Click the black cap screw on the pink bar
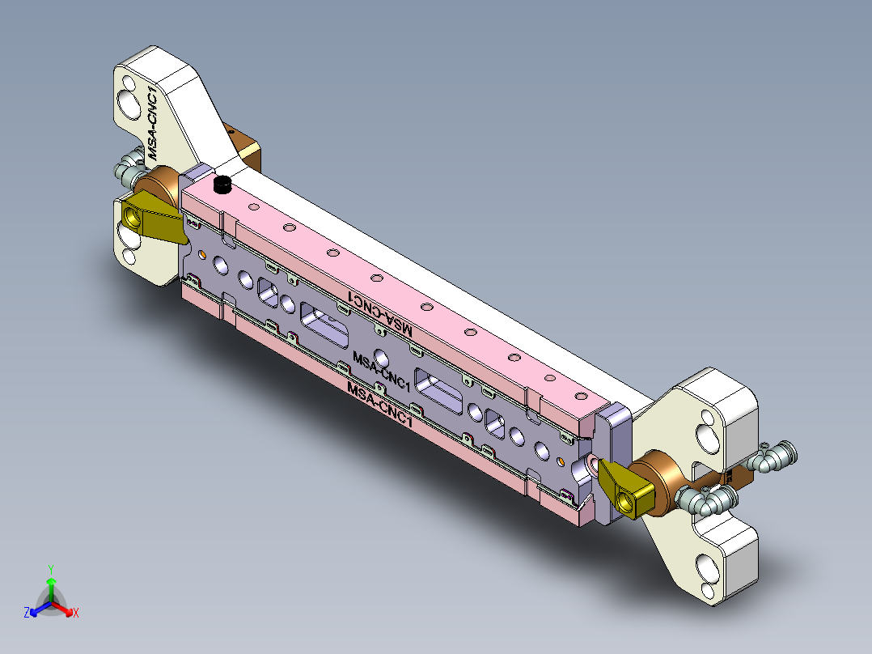tap(221, 186)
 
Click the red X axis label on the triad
tap(76, 613)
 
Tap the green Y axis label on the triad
tap(51, 568)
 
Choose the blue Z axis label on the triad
tap(27, 613)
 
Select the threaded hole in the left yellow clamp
tap(133, 216)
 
